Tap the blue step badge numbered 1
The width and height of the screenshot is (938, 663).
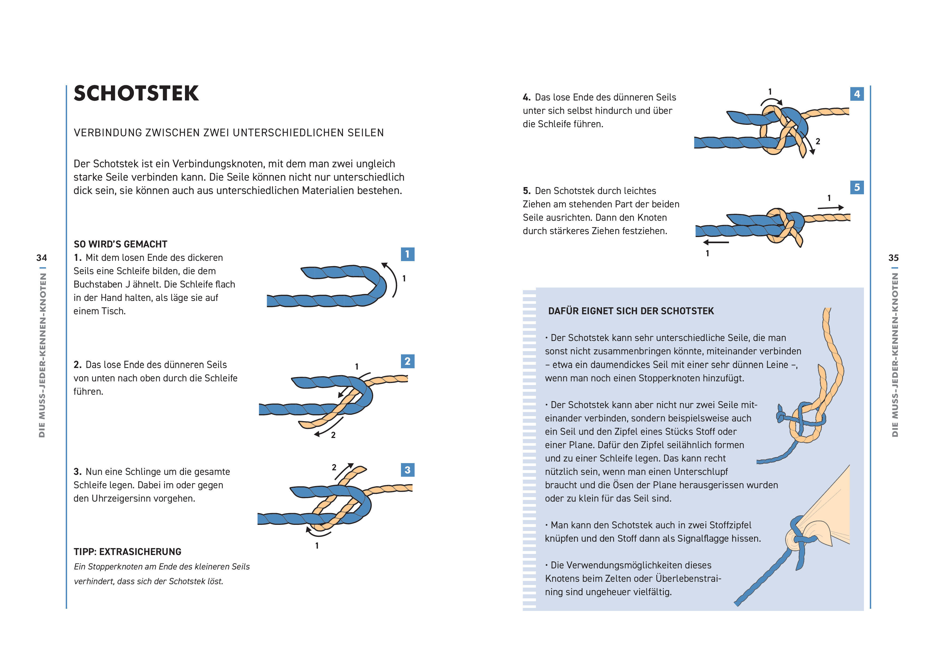pyautogui.click(x=407, y=254)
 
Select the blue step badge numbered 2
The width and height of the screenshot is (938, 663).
pyautogui.click(x=407, y=361)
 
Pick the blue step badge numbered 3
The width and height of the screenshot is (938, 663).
pyautogui.click(x=407, y=470)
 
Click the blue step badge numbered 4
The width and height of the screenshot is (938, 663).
pyautogui.click(x=857, y=94)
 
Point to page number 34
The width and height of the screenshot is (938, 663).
pyautogui.click(x=42, y=258)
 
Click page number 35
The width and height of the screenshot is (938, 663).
pyautogui.click(x=893, y=258)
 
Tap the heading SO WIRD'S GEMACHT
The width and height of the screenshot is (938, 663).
pyautogui.click(x=121, y=244)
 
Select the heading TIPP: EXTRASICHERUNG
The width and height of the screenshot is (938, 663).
pyautogui.click(x=128, y=552)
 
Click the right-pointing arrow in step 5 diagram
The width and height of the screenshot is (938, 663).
pyautogui.click(x=831, y=208)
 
